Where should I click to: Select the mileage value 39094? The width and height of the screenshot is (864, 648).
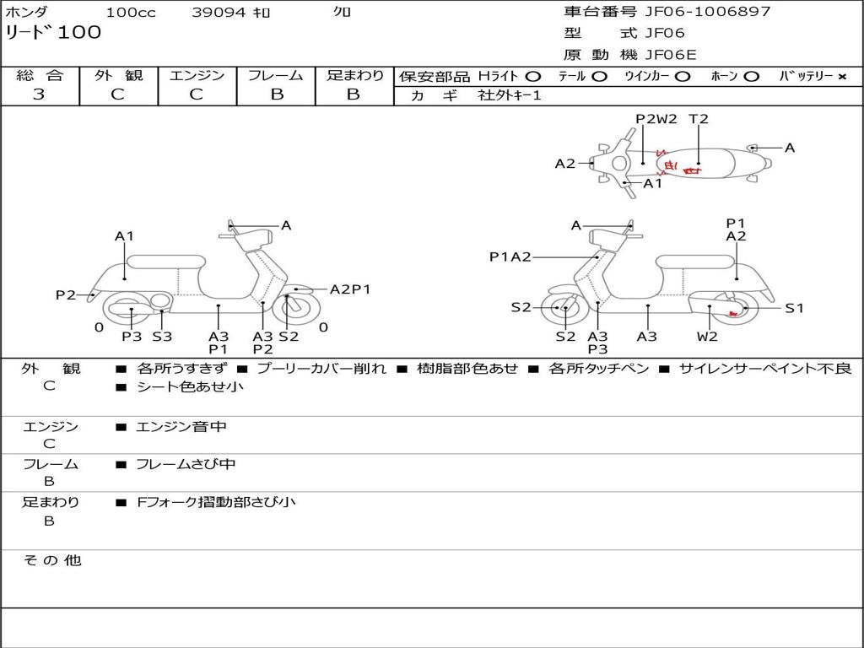[x=219, y=13]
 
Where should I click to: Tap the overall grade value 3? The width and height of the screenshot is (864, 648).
[x=39, y=94]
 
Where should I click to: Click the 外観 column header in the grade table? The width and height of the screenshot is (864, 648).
[x=118, y=76]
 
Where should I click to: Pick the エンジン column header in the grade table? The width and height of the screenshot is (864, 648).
[x=197, y=76]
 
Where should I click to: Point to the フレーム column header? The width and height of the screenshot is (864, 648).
[x=276, y=76]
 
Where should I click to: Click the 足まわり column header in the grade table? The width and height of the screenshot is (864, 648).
[x=354, y=76]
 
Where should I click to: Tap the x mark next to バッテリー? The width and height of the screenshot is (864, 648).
[x=841, y=77]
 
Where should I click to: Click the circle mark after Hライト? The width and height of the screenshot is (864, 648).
[x=533, y=77]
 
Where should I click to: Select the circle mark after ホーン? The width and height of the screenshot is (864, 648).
[x=751, y=77]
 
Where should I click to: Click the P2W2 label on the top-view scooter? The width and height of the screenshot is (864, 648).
[x=656, y=119]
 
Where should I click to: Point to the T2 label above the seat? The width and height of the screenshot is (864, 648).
[x=699, y=119]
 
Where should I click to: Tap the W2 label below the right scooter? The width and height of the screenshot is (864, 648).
[x=707, y=337]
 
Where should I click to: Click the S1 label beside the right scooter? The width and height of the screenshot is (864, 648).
[x=795, y=308]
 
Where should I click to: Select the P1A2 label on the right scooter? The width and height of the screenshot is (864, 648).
[x=510, y=256]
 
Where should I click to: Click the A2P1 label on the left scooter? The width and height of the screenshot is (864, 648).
[x=350, y=289]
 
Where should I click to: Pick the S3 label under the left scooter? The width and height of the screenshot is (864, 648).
[x=162, y=337]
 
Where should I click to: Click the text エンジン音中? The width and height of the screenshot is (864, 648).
[x=181, y=427]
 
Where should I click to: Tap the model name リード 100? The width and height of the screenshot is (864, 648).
[x=53, y=33]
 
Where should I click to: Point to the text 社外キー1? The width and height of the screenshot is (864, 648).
[x=510, y=95]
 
